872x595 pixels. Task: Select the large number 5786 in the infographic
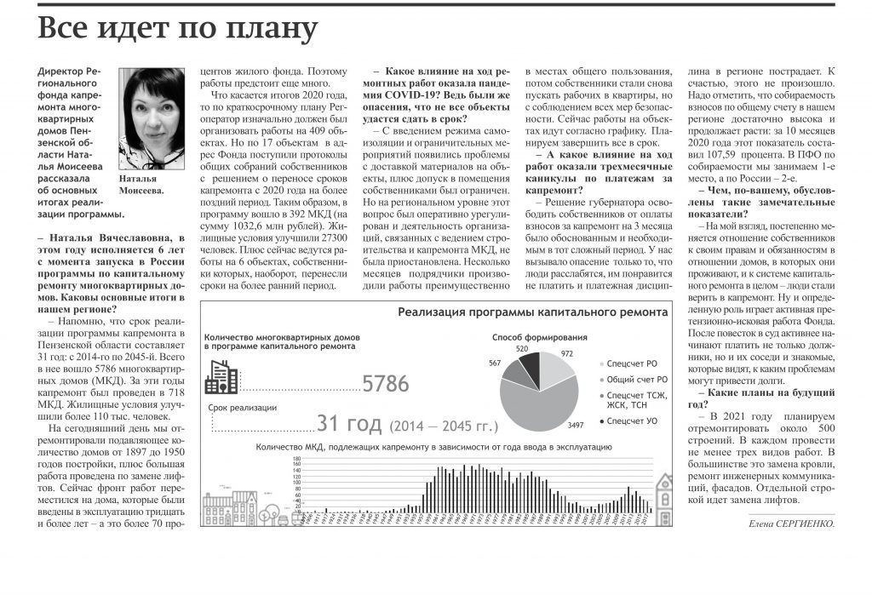click(386, 384)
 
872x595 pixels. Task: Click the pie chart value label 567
click(494, 363)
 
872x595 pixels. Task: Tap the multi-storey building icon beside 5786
click(221, 376)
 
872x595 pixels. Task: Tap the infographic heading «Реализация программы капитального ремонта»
click(532, 312)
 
